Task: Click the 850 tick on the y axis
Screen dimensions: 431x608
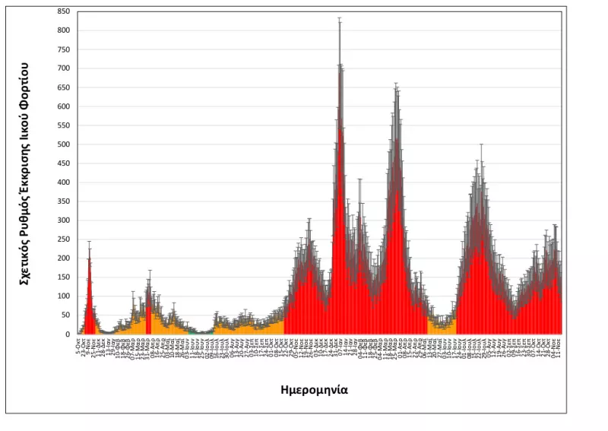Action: click(x=65, y=11)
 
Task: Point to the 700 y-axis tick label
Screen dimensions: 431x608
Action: click(x=65, y=68)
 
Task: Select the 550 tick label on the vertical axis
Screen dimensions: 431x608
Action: click(x=65, y=125)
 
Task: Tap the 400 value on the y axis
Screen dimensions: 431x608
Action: click(x=65, y=182)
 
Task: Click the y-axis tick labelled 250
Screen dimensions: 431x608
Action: click(x=65, y=239)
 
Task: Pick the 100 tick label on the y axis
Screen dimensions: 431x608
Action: click(x=65, y=296)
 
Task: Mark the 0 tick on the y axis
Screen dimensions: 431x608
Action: click(x=70, y=334)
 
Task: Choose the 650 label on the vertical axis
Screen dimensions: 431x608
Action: click(x=65, y=87)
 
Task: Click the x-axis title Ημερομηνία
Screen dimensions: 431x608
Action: click(x=314, y=389)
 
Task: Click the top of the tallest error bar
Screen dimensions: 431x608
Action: click(x=339, y=17)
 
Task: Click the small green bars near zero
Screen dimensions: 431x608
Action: click(x=199, y=332)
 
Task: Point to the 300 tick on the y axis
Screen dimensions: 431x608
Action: click(x=65, y=220)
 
